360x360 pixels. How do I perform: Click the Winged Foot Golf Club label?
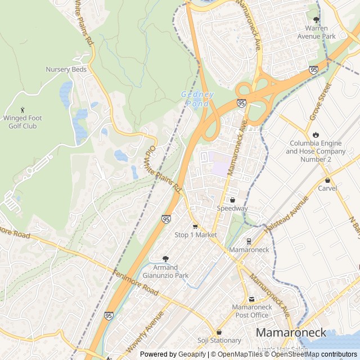pos(23,122)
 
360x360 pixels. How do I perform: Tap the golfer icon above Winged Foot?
pos(22,110)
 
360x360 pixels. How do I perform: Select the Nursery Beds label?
pos(66,69)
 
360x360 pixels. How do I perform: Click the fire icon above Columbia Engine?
pos(316,134)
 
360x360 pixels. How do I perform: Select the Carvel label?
pos(327,188)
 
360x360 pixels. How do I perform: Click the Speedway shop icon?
pos(232,200)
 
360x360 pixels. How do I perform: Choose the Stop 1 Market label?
pos(195,235)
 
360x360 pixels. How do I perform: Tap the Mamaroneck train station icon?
pos(249,241)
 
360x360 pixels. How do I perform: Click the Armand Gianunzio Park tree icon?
pos(166,259)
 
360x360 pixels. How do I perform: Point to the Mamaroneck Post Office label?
pos(253,311)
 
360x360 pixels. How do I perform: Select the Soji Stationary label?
pos(219,340)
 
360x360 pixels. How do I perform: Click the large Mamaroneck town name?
pos(291,332)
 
